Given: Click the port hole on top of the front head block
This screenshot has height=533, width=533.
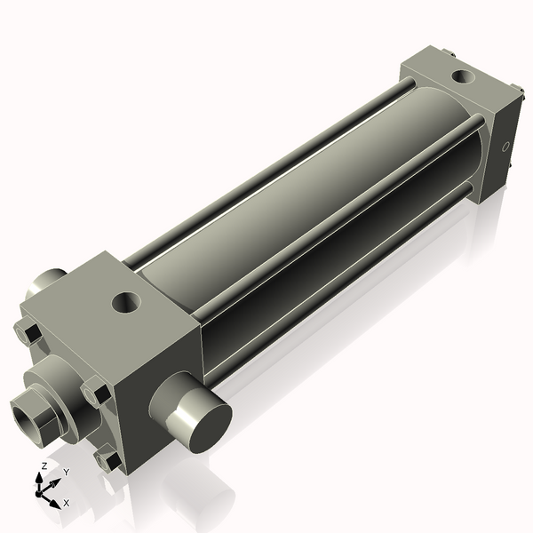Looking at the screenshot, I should click(126, 302).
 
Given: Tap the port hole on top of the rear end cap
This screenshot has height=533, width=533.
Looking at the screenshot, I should click(463, 76).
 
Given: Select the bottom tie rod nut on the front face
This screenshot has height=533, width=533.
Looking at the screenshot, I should click(108, 460).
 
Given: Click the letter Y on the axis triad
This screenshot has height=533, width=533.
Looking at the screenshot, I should click(66, 472).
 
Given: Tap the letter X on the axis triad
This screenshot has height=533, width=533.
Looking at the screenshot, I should click(67, 503).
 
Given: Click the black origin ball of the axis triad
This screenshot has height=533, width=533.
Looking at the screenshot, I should click(39, 491).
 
